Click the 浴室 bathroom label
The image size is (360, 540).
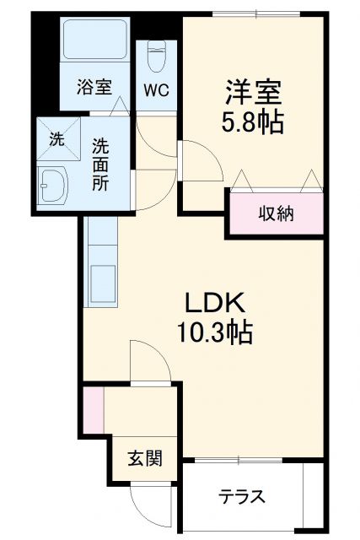(x=93, y=87)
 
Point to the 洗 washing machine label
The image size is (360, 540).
(x=56, y=140)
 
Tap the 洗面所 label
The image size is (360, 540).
(x=101, y=165)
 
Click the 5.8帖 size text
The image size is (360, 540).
(x=252, y=123)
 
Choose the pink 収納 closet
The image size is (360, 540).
(x=275, y=213)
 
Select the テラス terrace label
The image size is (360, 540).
(x=242, y=497)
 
